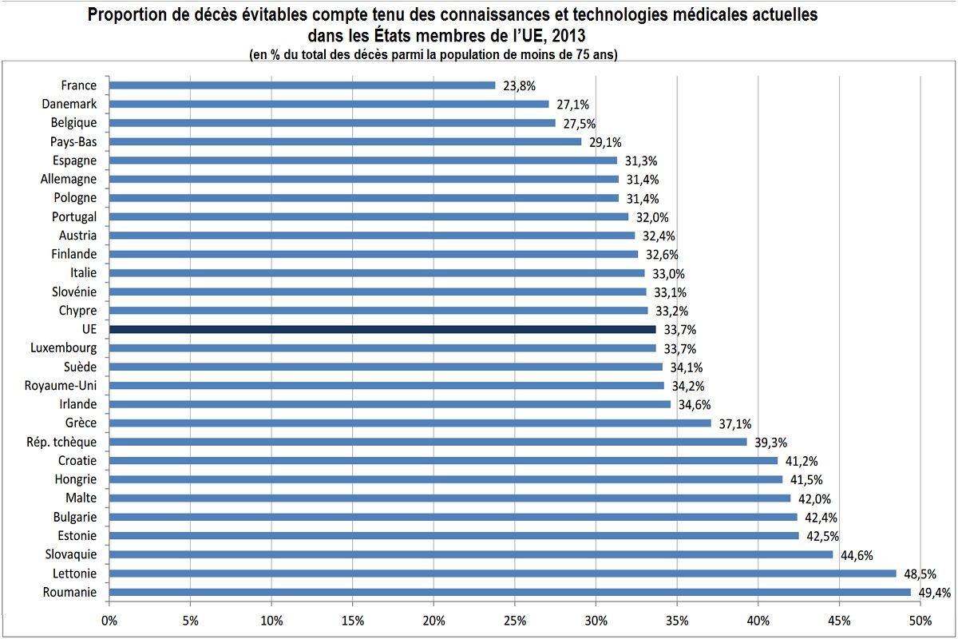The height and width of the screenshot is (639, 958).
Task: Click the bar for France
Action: [302, 85]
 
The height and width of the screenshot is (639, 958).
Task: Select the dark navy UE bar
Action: [382, 329]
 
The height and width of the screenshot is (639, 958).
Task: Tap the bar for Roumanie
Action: [509, 592]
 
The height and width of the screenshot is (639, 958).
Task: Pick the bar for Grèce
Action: [410, 423]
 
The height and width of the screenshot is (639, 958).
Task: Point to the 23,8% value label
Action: [519, 85]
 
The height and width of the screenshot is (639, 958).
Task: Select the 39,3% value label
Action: [770, 443]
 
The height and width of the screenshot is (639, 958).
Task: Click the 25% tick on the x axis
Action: [515, 621]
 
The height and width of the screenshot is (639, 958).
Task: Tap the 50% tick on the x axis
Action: [920, 621]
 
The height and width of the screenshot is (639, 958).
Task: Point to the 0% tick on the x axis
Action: [109, 621]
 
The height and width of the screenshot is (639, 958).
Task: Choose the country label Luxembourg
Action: [64, 347]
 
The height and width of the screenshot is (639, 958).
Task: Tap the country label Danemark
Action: [69, 104]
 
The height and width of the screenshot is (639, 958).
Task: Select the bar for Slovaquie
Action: [471, 554]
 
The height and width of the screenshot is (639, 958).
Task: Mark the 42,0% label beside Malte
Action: [814, 498]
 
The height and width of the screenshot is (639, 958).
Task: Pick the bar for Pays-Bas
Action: [345, 141]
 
